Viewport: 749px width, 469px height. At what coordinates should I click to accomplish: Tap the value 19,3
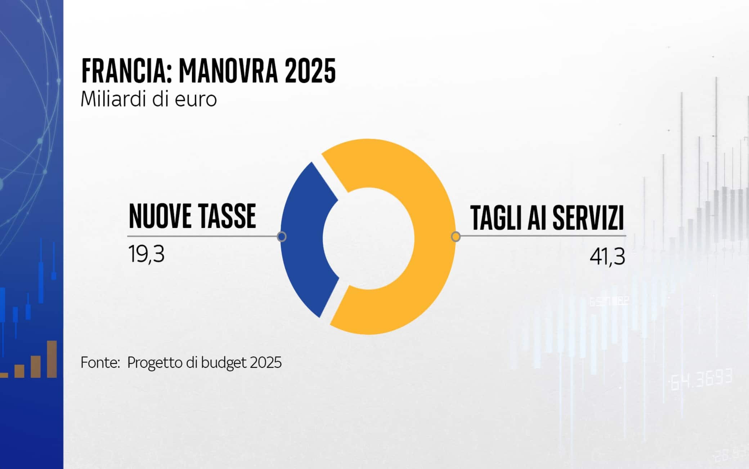146,254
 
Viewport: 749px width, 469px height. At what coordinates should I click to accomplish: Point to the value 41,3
607,256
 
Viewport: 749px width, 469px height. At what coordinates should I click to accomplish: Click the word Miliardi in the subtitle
114,99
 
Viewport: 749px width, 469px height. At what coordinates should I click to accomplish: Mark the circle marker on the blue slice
282,237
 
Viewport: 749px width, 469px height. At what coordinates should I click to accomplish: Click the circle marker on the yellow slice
456,237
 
